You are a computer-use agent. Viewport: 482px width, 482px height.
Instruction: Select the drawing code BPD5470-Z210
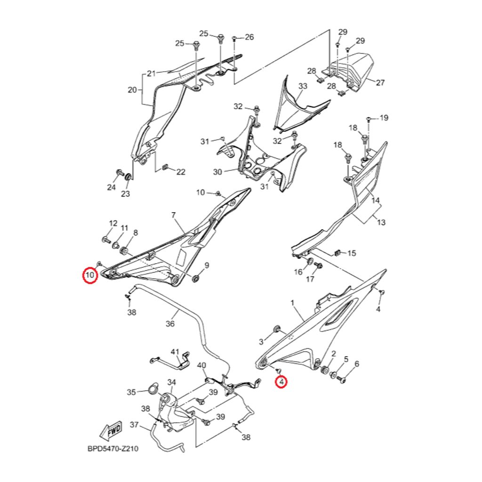point(112,449)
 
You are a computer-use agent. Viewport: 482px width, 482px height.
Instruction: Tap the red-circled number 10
point(90,274)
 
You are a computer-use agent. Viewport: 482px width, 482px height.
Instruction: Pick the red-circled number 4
point(281,381)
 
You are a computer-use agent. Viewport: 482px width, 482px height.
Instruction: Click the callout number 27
point(380,83)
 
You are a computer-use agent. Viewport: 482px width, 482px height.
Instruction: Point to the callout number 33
point(303,87)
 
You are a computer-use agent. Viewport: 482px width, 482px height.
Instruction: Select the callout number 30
point(217,172)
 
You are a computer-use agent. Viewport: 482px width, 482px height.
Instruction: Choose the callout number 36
point(170,324)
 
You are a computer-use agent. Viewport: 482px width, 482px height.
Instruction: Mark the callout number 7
point(173,215)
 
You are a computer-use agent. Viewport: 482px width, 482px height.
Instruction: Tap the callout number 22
point(181,172)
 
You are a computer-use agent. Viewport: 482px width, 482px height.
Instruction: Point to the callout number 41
point(175,352)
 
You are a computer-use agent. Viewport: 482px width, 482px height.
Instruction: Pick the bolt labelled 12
point(104,240)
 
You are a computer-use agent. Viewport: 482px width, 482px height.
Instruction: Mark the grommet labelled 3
point(277,328)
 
